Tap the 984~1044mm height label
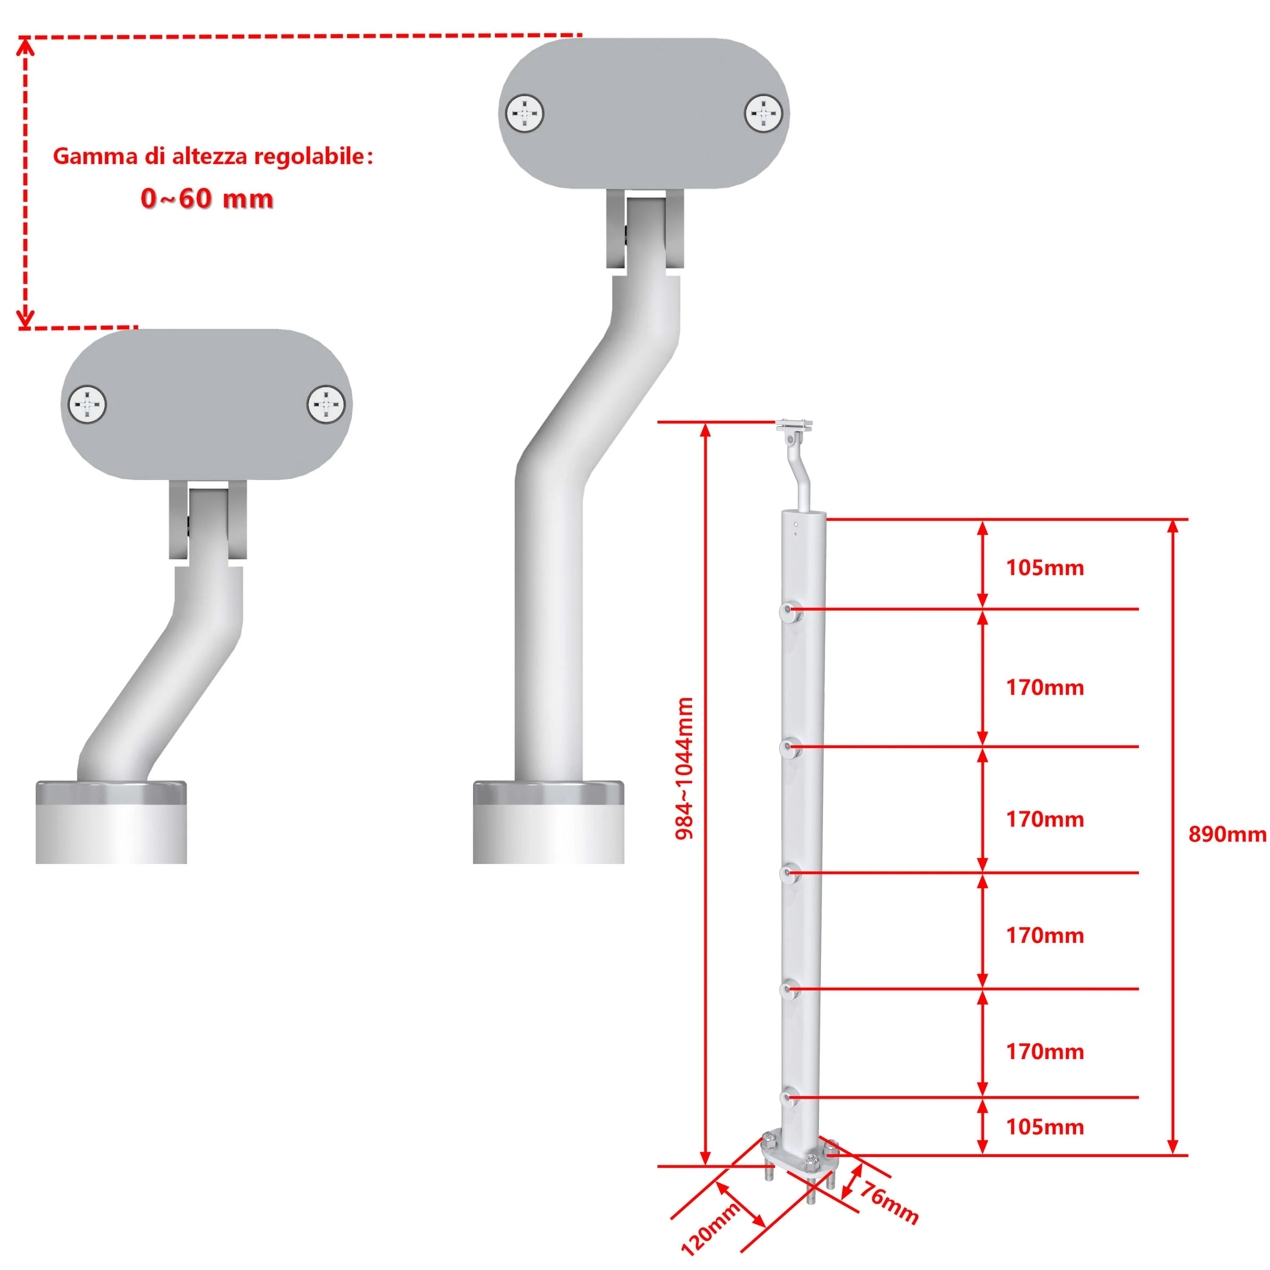point(684,768)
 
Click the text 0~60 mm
point(207,199)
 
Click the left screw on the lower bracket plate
point(88,404)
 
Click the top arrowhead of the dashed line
point(25,46)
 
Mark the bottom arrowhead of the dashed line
point(25,319)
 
